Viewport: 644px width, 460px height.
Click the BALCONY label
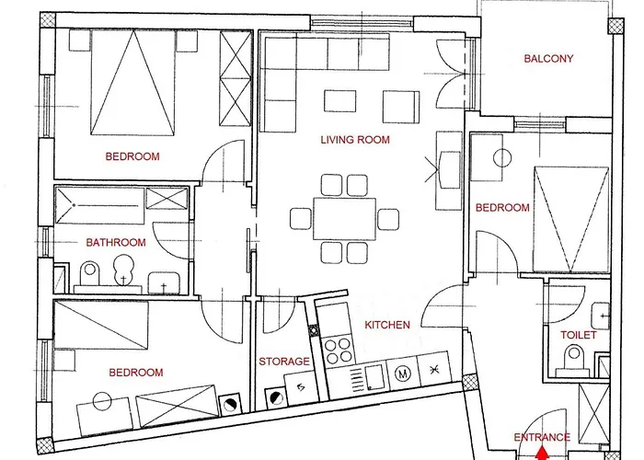click(548, 59)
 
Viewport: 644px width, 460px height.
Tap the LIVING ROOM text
click(354, 141)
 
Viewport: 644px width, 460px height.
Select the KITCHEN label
click(386, 326)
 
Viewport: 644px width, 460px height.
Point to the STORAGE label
click(283, 362)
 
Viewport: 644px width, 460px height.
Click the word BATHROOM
click(116, 243)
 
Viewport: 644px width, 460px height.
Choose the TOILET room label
click(579, 335)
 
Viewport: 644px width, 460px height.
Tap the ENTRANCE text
click(542, 437)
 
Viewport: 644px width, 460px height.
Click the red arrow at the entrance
click(542, 453)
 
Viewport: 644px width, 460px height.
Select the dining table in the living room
click(344, 218)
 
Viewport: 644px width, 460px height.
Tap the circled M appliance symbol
click(401, 374)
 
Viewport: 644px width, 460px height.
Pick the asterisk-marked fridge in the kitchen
click(434, 371)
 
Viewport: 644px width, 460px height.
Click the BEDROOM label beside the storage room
click(135, 373)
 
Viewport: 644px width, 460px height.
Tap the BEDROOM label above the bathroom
click(132, 156)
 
